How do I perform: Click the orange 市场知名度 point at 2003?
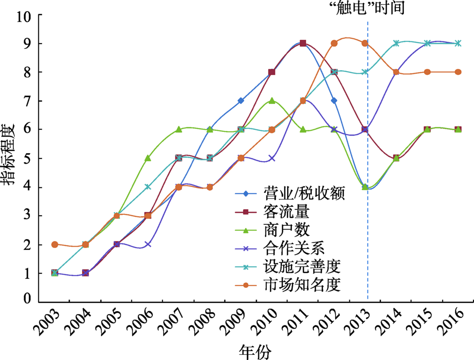coord(55,244)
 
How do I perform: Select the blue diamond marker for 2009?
coord(241,101)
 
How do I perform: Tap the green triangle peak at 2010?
coord(272,101)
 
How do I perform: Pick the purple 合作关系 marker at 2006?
coord(148,244)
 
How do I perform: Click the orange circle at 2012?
coord(334,43)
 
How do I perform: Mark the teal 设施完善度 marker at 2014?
coord(396,43)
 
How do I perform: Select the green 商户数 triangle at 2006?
coord(148,158)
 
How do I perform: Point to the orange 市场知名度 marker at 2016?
coord(458,72)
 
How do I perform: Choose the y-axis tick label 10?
coord(24,16)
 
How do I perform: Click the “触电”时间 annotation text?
coord(367,8)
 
